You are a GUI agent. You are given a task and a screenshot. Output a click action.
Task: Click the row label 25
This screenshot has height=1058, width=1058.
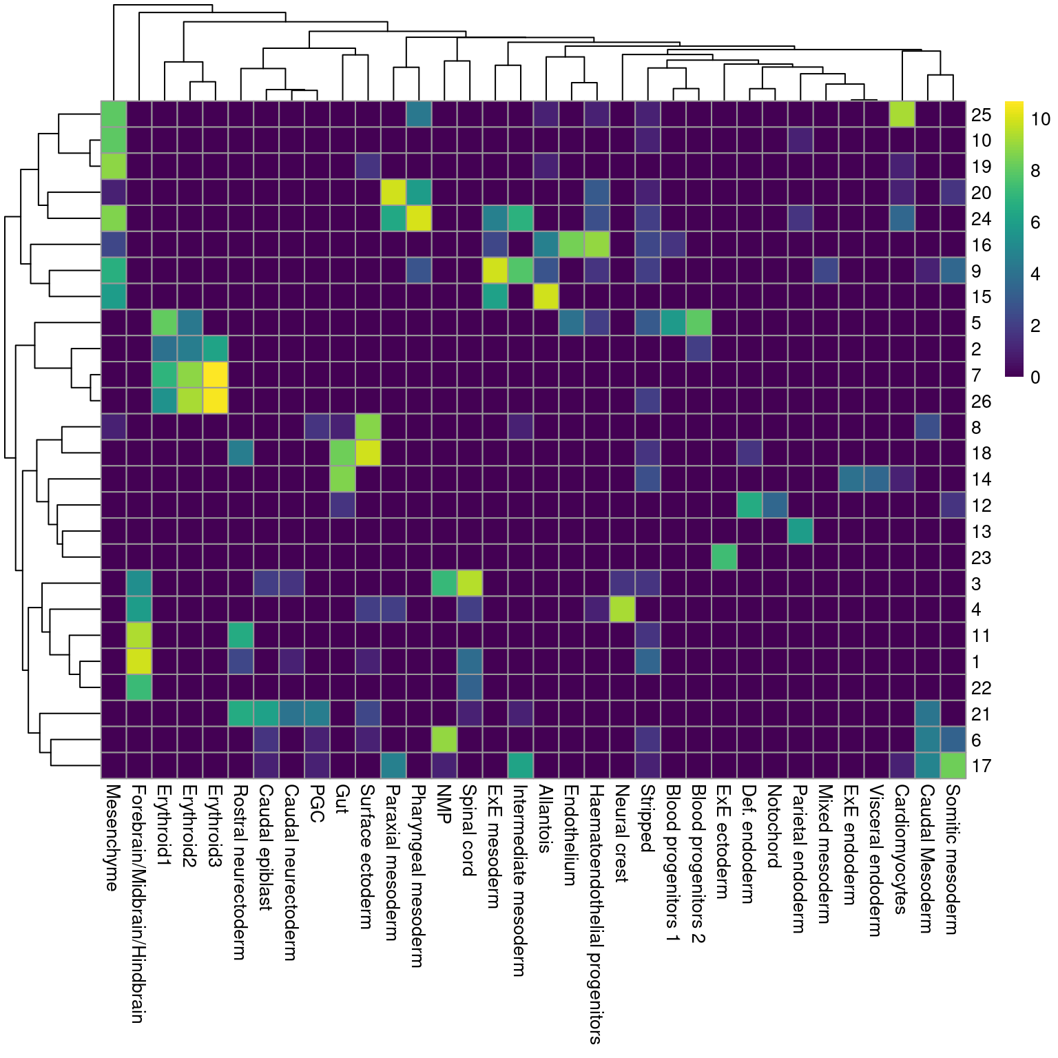click(x=981, y=114)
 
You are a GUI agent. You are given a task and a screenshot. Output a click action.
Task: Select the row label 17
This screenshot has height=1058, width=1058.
click(x=981, y=766)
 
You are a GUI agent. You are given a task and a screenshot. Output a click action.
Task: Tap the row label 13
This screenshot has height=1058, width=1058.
click(x=981, y=532)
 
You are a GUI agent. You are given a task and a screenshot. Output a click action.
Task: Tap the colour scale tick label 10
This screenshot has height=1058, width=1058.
click(x=1040, y=119)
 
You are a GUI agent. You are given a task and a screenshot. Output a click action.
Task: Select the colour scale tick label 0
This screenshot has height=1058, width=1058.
click(x=1035, y=377)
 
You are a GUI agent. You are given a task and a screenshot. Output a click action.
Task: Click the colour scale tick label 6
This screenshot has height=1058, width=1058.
click(x=1035, y=222)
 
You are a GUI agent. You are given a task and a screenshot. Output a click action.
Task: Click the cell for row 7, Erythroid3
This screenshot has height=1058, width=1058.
click(x=216, y=375)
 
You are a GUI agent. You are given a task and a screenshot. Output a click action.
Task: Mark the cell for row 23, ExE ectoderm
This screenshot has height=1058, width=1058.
click(x=724, y=557)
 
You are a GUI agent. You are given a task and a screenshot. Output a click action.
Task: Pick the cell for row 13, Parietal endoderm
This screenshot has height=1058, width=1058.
click(x=800, y=531)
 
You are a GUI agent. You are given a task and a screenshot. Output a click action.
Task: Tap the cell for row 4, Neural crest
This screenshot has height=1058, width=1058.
click(x=622, y=610)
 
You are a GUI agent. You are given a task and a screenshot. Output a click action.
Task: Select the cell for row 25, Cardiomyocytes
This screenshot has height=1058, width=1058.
click(x=902, y=114)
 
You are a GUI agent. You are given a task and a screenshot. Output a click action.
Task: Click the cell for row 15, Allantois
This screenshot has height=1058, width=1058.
click(x=546, y=297)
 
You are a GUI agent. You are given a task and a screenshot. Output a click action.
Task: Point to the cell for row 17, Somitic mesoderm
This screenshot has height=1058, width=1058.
click(x=953, y=766)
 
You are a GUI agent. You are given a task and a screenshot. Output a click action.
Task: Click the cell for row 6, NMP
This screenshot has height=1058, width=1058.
click(x=444, y=740)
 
